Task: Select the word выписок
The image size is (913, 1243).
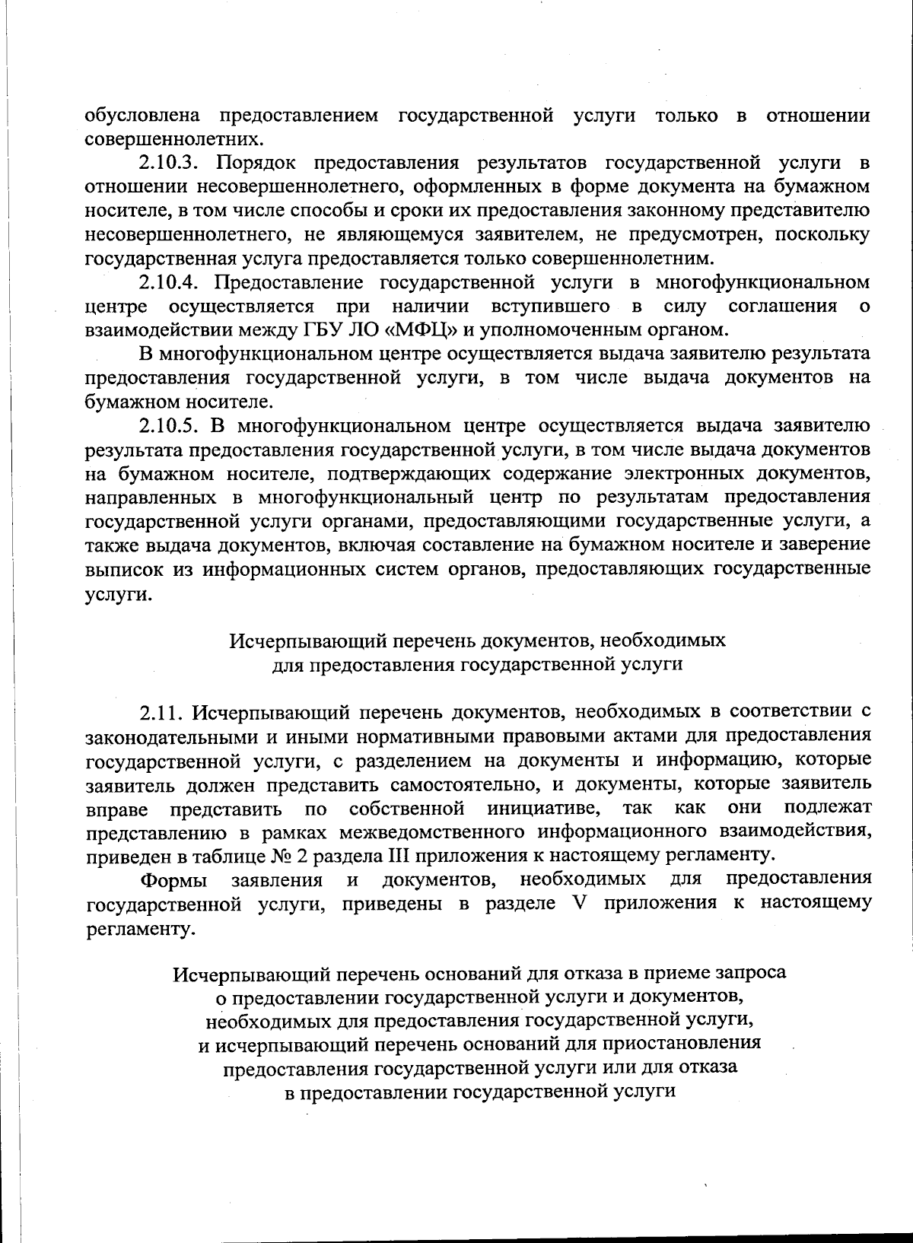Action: tap(118, 570)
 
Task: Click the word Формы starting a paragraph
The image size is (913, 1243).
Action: tap(172, 880)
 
